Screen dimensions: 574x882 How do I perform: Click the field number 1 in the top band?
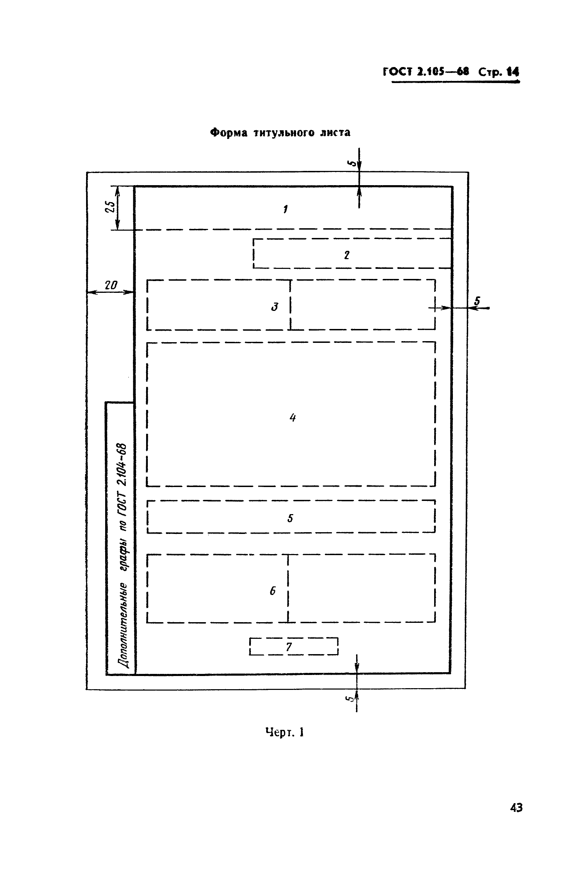285,209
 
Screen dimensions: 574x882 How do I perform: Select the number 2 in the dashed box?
347,255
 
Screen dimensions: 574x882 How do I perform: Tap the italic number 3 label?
275,306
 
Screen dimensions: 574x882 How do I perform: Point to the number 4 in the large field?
293,418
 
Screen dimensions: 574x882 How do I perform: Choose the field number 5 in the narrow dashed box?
290,518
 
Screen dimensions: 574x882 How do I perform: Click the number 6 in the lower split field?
272,591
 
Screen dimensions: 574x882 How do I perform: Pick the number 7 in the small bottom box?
289,647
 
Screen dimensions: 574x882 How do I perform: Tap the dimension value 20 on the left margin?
111,285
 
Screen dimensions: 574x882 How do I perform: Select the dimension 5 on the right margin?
477,301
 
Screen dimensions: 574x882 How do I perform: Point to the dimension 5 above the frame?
353,163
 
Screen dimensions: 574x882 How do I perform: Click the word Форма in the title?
228,133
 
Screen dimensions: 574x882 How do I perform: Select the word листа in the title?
335,133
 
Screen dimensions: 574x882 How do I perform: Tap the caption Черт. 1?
285,732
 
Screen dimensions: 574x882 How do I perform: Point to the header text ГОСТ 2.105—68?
426,72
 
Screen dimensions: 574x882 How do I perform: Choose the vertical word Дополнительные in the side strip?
123,626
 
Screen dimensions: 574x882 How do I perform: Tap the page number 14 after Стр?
513,72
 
